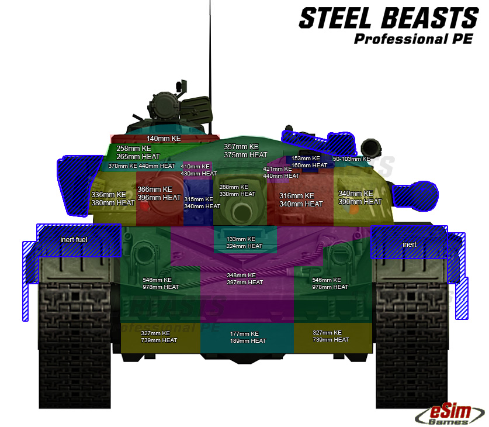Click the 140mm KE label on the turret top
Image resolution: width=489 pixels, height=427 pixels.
click(x=164, y=139)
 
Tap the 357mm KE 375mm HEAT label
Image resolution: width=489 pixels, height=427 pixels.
click(x=245, y=151)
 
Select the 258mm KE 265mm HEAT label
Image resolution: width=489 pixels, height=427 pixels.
click(x=138, y=153)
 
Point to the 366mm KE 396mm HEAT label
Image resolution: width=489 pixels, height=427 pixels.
click(x=159, y=194)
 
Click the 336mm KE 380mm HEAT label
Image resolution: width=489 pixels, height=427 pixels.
click(x=113, y=199)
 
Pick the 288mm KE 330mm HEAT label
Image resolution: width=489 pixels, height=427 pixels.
click(x=237, y=190)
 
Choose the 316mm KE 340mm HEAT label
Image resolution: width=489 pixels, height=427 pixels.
click(x=301, y=200)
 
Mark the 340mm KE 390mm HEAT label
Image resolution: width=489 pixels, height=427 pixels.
click(x=360, y=198)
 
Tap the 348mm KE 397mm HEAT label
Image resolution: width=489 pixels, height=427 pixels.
click(x=245, y=279)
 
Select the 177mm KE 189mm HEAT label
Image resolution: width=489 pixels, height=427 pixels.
click(x=248, y=337)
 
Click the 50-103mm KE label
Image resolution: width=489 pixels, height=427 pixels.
click(x=351, y=159)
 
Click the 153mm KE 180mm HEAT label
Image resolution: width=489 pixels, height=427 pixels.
click(x=309, y=162)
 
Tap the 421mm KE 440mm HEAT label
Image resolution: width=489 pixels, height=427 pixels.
click(x=281, y=173)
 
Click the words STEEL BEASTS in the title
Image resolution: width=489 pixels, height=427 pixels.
click(x=388, y=19)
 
